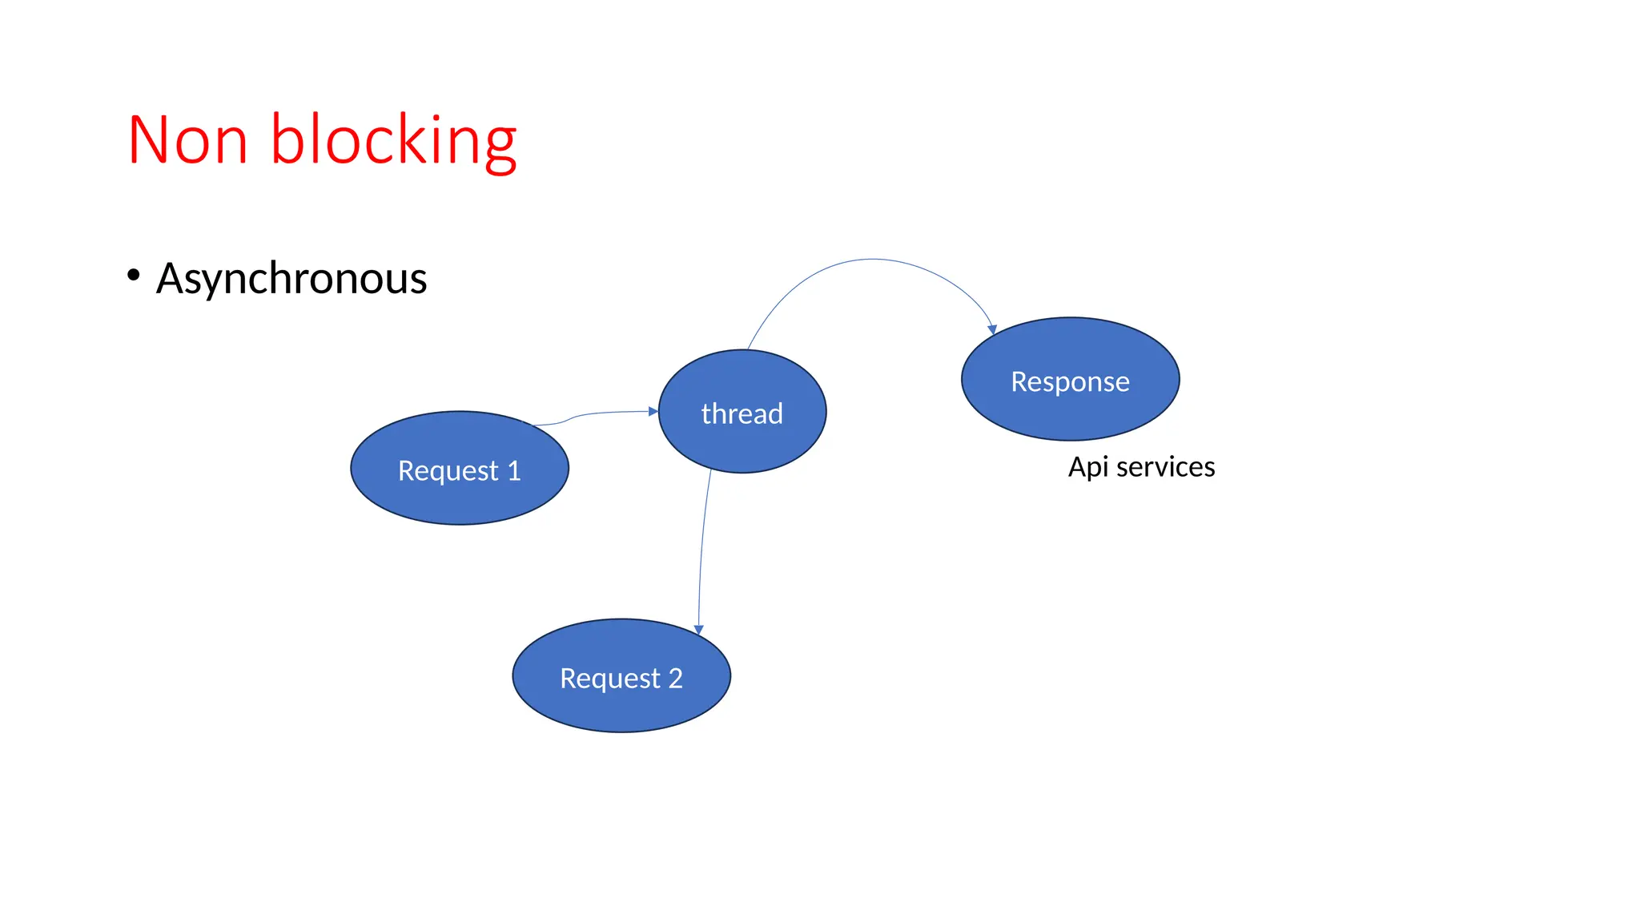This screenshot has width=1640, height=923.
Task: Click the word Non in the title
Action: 187,141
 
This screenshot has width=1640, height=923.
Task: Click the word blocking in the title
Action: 393,141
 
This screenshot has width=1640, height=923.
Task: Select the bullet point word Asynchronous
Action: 291,279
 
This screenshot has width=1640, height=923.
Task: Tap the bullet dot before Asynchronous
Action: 134,275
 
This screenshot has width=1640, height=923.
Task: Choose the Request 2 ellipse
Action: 621,705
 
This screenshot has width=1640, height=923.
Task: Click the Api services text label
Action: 1141,467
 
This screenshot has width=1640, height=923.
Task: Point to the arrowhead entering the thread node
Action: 653,411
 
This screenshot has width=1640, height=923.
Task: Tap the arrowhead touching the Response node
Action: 992,329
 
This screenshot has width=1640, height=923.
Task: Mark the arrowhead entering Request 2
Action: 698,630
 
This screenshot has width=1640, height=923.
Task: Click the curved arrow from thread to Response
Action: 872,260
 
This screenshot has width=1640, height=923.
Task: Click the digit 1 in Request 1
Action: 513,470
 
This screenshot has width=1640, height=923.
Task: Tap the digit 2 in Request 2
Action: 675,679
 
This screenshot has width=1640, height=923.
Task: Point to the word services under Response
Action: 1165,467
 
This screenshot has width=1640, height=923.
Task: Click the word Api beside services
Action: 1088,467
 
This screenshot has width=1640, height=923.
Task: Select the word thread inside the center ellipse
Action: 742,414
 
